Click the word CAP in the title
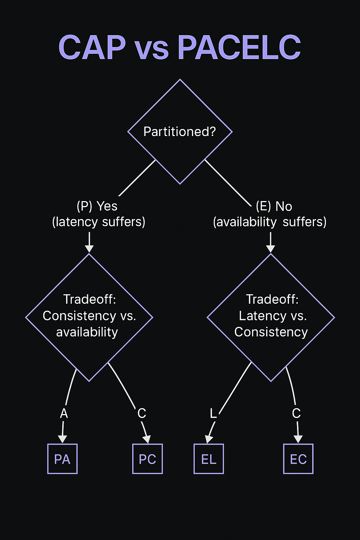click(92, 47)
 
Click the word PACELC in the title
click(239, 47)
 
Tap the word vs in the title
click(152, 49)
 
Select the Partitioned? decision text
click(180, 131)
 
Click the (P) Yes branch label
click(97, 206)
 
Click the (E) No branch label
click(274, 206)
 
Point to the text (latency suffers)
click(99, 222)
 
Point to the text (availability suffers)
click(270, 222)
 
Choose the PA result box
click(62, 459)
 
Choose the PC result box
click(147, 459)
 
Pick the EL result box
click(208, 459)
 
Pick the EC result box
click(298, 459)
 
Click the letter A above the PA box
click(64, 413)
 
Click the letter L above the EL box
click(213, 413)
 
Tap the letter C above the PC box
click(142, 413)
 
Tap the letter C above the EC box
click(296, 413)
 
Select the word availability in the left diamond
click(87, 332)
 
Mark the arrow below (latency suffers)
click(89, 243)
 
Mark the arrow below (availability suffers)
click(270, 243)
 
